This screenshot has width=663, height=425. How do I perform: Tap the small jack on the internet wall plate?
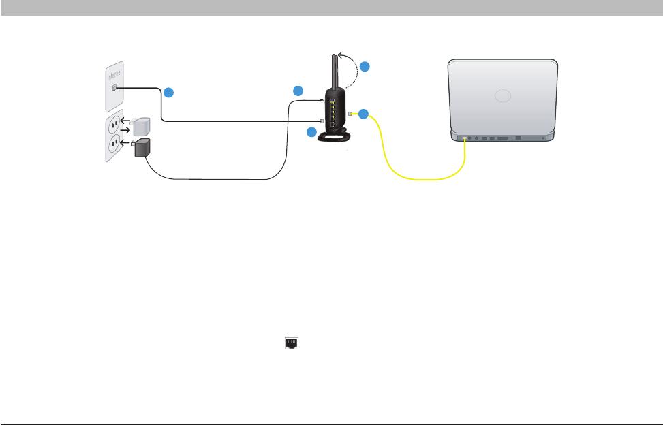click(x=114, y=89)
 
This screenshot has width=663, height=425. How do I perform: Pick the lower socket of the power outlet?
click(x=114, y=143)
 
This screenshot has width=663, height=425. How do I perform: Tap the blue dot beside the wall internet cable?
click(x=168, y=92)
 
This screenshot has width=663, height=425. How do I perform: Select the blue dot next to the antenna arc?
click(x=365, y=67)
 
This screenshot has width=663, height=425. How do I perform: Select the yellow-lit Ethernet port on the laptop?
click(x=465, y=139)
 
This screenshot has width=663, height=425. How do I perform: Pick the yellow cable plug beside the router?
click(x=350, y=114)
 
